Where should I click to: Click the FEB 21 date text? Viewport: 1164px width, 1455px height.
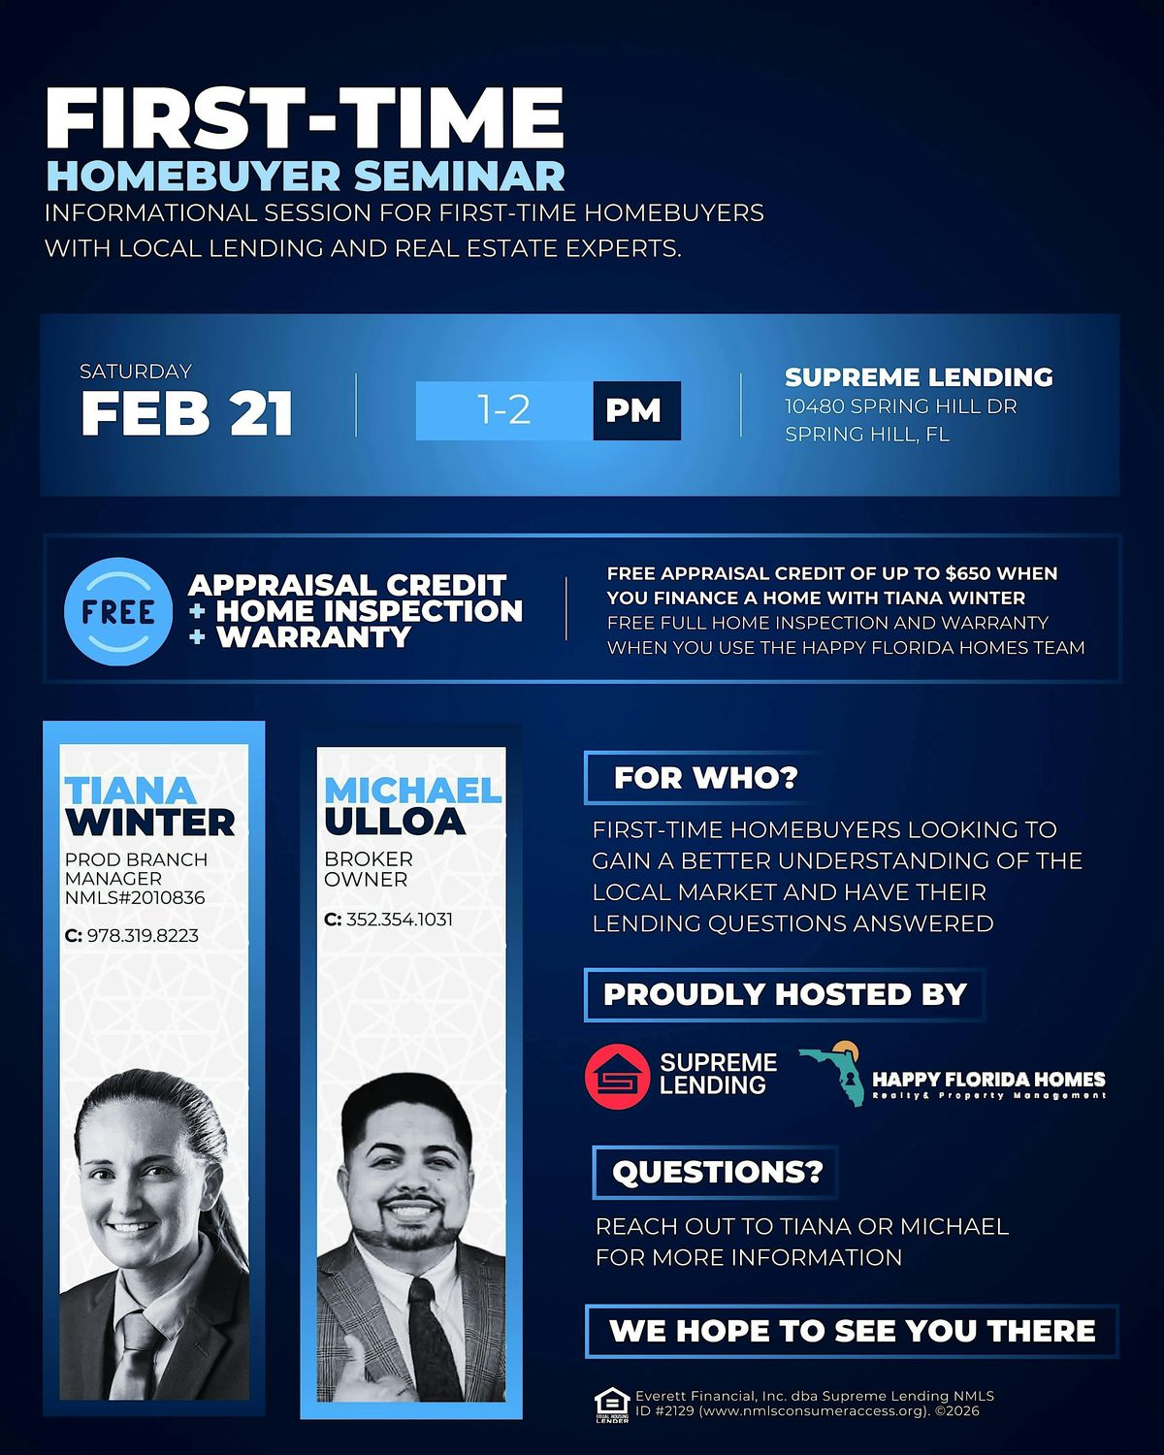[x=186, y=413]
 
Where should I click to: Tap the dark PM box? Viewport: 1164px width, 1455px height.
[x=636, y=410]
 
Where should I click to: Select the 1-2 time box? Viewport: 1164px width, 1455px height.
[x=503, y=410]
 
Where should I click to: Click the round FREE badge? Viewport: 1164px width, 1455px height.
[x=118, y=612]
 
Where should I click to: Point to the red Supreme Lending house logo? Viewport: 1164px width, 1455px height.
[x=618, y=1077]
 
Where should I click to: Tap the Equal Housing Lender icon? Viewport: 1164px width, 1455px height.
[x=611, y=1405]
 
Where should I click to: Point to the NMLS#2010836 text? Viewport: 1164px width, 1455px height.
[x=135, y=898]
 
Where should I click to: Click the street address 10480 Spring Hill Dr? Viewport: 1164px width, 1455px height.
[x=901, y=406]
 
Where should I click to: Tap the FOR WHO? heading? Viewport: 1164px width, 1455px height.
[x=705, y=778]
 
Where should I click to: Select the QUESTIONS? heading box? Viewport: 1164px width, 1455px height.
[x=716, y=1173]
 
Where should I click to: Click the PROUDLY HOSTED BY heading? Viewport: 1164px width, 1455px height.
[x=785, y=994]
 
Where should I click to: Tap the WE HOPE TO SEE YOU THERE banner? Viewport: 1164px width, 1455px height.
[x=852, y=1331]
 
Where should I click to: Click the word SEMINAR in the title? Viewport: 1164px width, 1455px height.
[x=459, y=176]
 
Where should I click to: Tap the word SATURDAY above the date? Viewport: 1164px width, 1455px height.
[x=136, y=372]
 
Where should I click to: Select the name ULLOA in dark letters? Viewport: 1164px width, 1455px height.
[x=395, y=822]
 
